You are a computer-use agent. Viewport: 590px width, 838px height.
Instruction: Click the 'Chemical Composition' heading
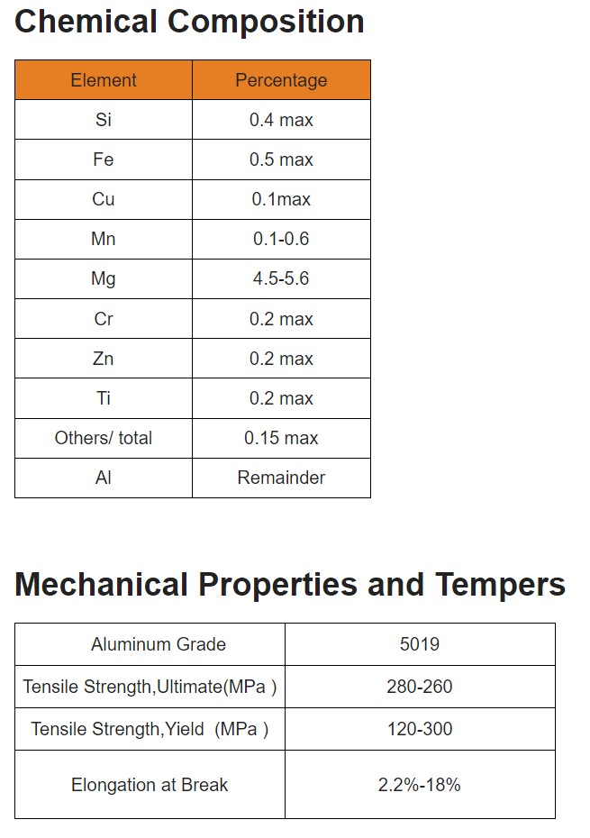tap(189, 22)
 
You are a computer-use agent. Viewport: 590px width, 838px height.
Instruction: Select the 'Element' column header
tap(104, 80)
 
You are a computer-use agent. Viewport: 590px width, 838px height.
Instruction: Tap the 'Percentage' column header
tap(281, 80)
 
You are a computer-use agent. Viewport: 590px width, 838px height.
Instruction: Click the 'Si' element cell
tap(104, 120)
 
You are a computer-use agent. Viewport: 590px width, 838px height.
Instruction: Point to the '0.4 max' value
tap(281, 120)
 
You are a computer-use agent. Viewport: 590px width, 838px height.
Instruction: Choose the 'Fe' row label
tap(104, 159)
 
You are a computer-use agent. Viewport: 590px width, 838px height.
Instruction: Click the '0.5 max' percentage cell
tap(281, 159)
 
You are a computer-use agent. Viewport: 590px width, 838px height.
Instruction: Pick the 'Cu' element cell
tap(104, 199)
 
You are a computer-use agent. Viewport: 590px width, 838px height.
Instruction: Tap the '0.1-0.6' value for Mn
tap(281, 239)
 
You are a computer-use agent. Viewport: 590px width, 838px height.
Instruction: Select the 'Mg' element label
tap(104, 278)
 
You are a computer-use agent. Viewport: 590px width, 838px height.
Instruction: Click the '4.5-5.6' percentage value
tap(281, 278)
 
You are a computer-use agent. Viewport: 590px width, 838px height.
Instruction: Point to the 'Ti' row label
tap(104, 398)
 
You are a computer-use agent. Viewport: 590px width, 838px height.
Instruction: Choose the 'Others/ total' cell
tap(104, 438)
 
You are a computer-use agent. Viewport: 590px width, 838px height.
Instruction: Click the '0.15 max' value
tap(281, 438)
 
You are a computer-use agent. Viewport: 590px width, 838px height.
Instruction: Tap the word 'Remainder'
tap(281, 478)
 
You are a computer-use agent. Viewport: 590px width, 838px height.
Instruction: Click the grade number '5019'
tap(420, 644)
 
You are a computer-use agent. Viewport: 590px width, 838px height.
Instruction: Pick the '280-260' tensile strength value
tap(420, 687)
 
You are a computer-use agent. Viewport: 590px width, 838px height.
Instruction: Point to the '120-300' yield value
tap(420, 729)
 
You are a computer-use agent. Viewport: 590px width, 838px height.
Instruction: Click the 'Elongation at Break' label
tap(150, 785)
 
